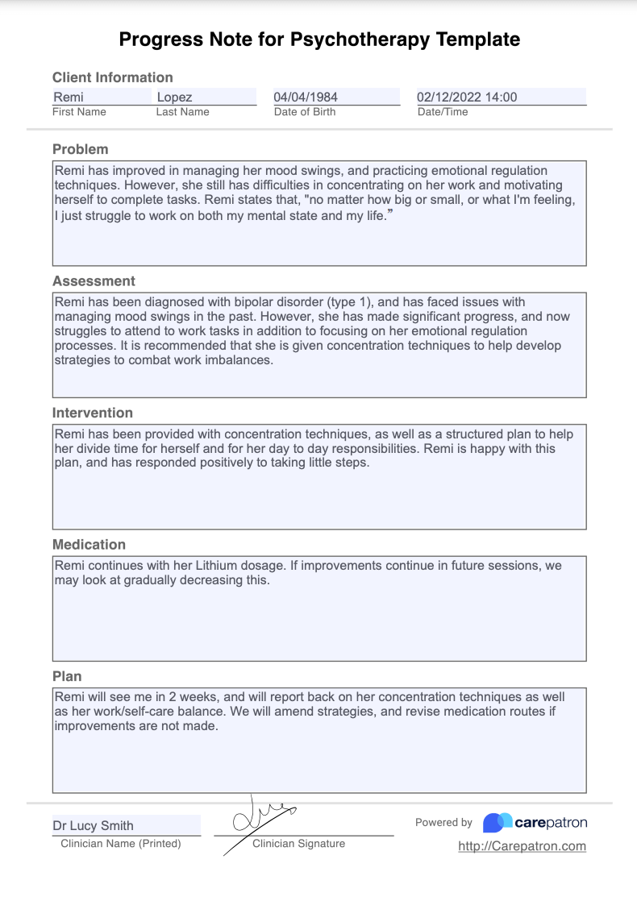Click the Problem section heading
pos(80,149)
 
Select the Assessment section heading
pos(94,281)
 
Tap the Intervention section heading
pos(93,413)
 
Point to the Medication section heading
pos(89,545)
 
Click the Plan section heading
pos(67,676)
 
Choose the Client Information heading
pos(112,77)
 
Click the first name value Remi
pos(69,98)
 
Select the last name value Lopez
pos(174,98)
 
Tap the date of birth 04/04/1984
pos(306,98)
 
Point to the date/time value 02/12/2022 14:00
pos(467,98)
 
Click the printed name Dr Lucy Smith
pos(94,825)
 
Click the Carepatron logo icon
pos(498,823)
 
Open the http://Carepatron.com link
pos(522,846)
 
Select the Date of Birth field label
pos(305,112)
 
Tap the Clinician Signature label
pos(298,844)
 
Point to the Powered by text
pos(443,823)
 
